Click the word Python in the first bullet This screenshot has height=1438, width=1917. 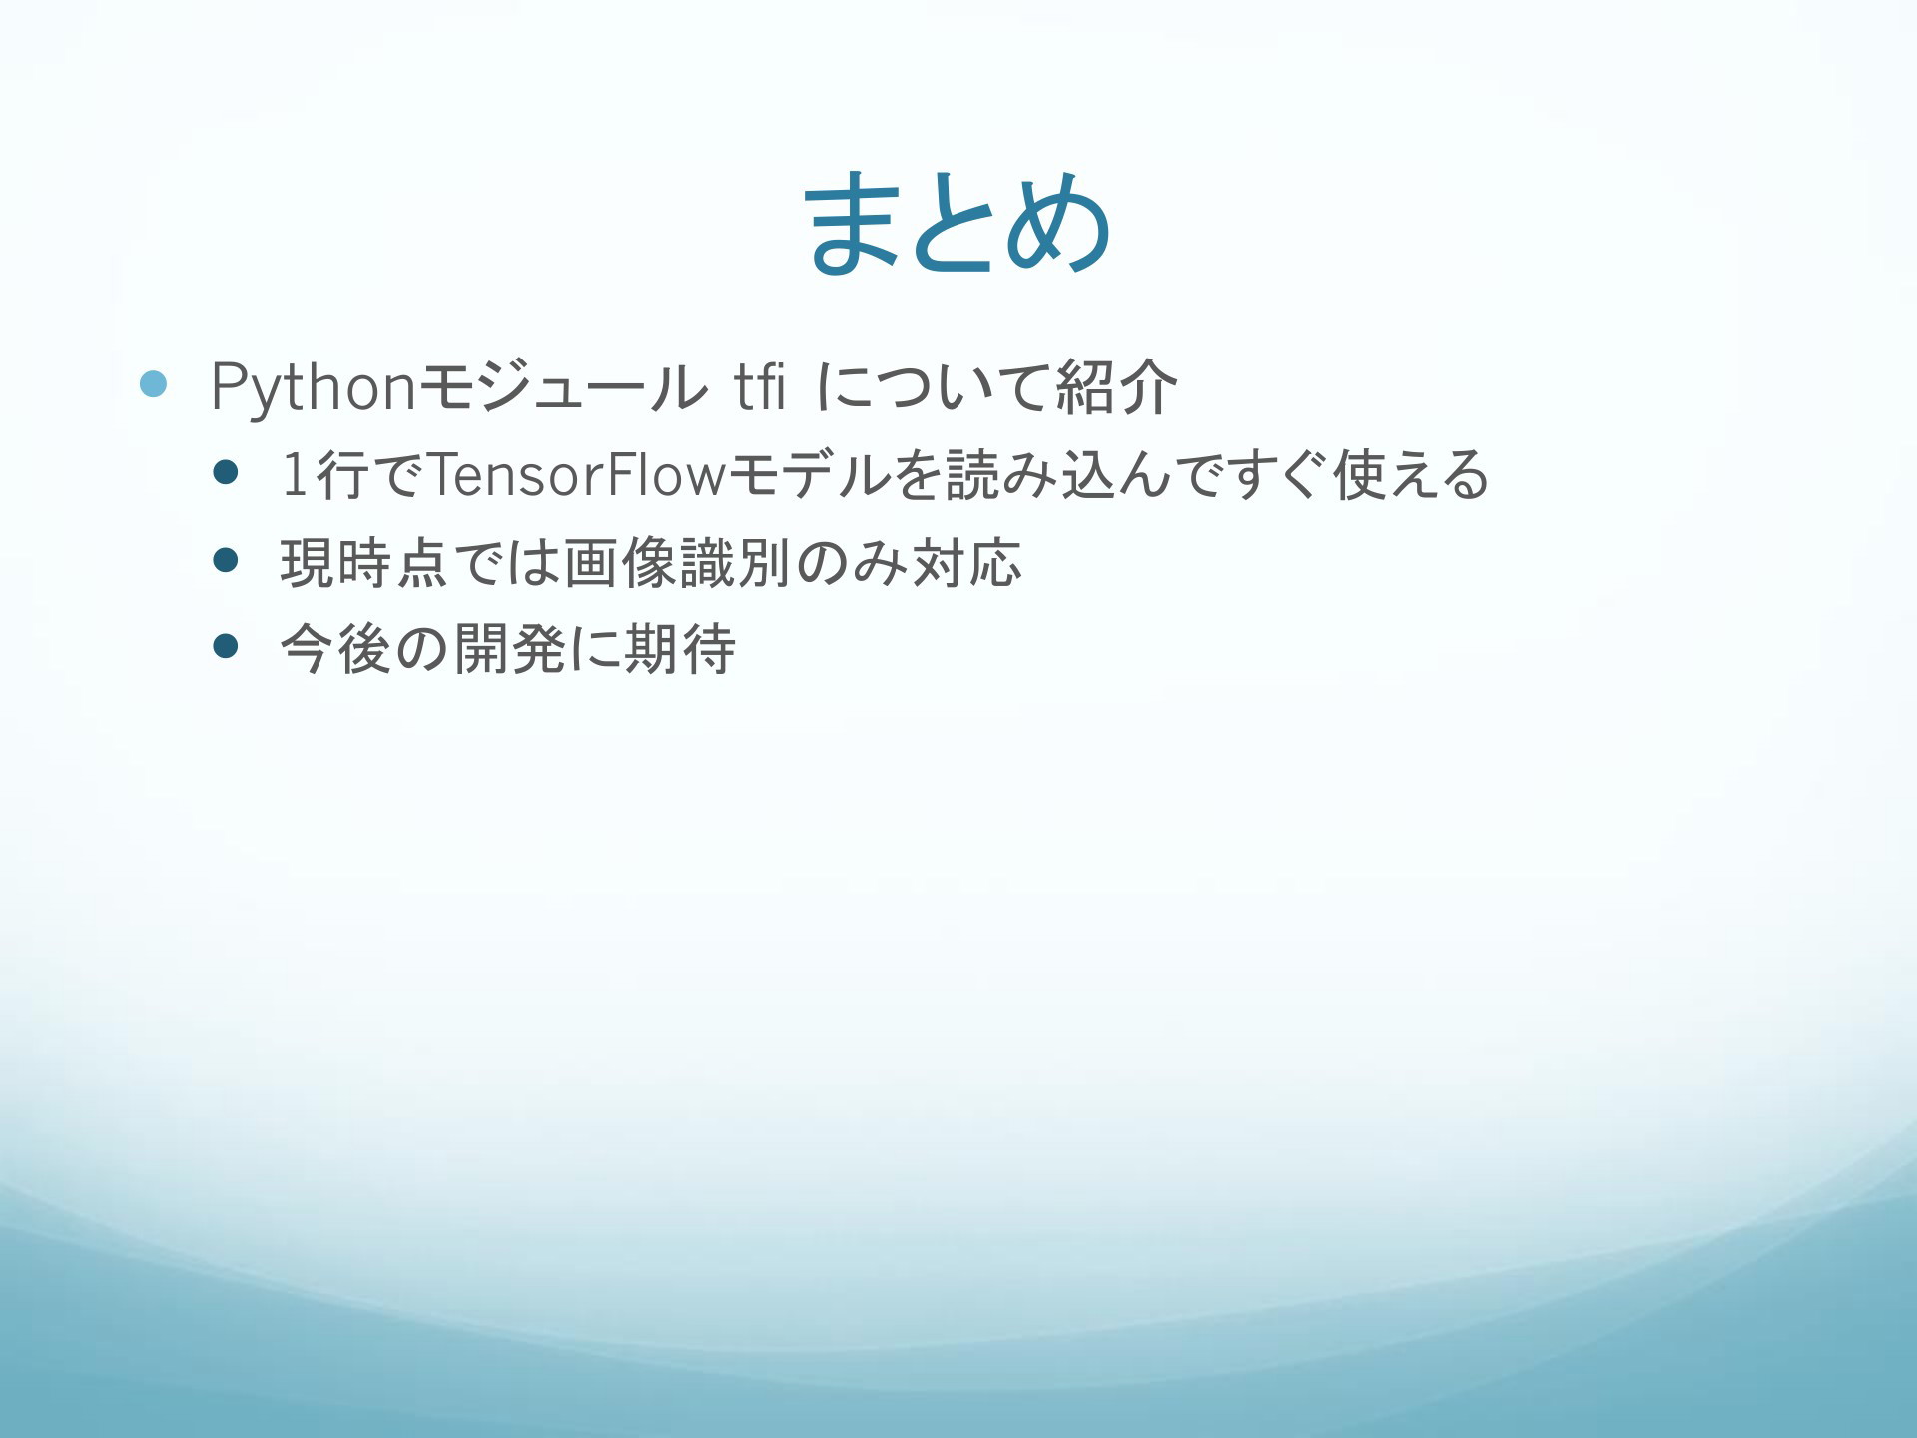click(314, 388)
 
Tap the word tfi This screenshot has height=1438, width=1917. click(760, 386)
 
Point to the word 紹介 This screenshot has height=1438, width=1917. click(1116, 387)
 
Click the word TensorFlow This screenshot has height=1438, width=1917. click(577, 474)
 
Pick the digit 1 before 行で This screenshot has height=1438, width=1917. click(296, 474)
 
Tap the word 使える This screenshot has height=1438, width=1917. click(1411, 474)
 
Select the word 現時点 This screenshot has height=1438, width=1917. click(364, 562)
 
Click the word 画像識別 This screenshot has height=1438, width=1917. click(678, 562)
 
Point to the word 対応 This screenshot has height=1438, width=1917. click(966, 562)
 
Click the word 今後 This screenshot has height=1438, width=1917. click(334, 649)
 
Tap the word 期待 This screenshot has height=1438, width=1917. click(679, 649)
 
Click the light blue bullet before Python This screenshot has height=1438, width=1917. click(153, 384)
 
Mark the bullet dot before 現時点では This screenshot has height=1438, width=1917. click(227, 561)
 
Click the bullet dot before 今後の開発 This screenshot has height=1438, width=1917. click(227, 648)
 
